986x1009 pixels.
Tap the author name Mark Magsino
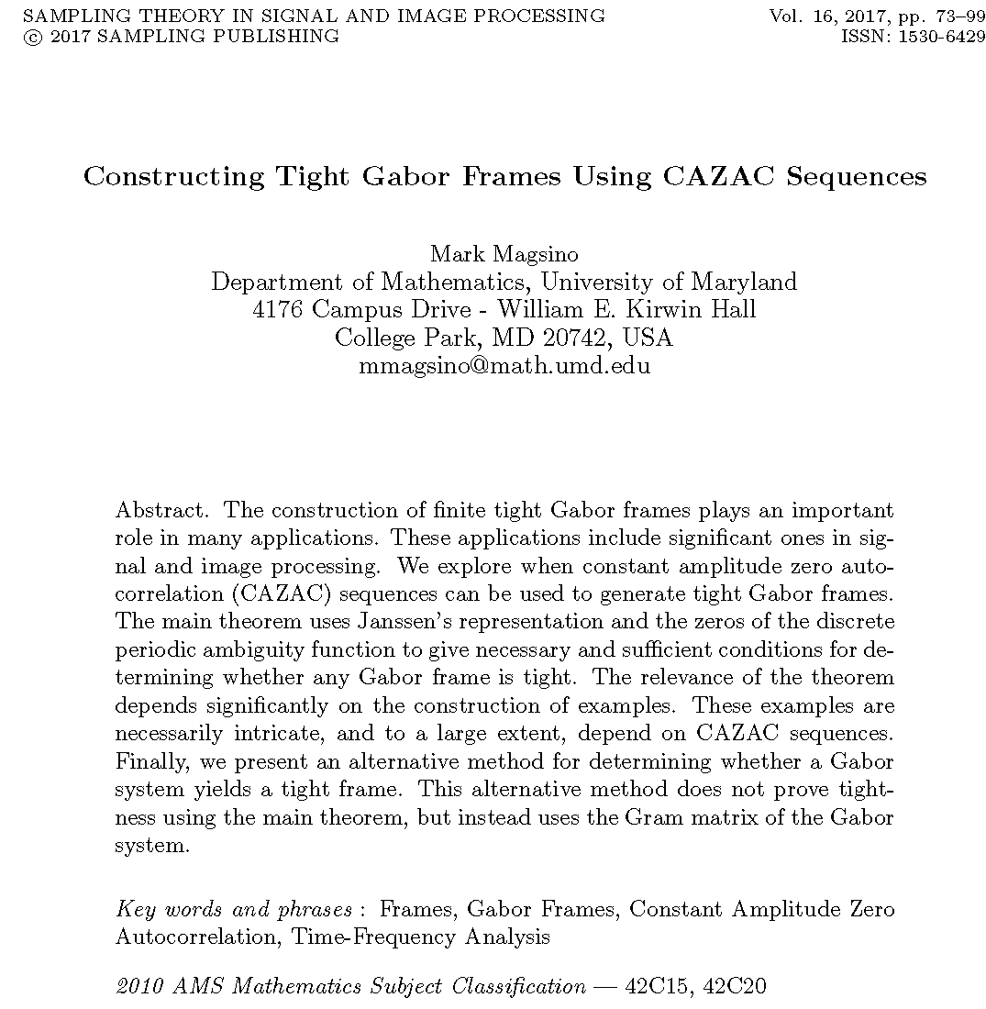504,254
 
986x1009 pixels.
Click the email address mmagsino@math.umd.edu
504,366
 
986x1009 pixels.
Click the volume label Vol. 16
797,17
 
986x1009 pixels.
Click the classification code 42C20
733,987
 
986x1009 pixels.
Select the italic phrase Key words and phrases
234,910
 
